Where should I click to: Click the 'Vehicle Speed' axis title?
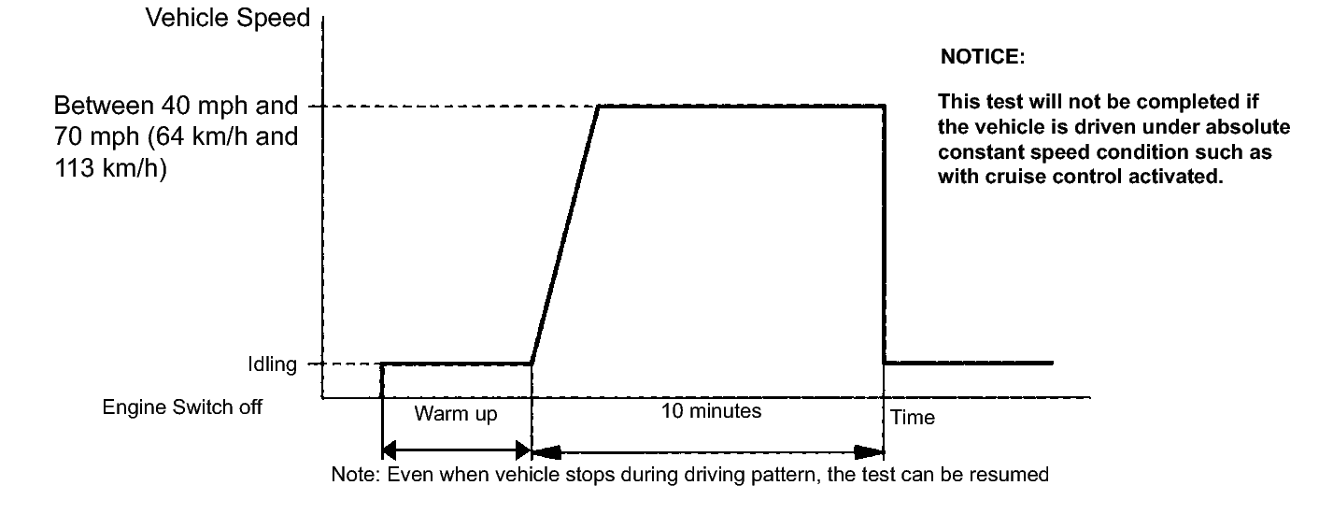227,19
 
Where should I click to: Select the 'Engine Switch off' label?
182,407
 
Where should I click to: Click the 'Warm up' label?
456,414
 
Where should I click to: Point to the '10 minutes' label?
713,411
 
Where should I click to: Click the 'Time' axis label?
913,418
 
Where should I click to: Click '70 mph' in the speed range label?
89,136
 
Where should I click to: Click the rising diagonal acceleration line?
565,234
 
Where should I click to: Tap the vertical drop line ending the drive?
884,234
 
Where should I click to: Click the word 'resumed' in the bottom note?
1015,475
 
